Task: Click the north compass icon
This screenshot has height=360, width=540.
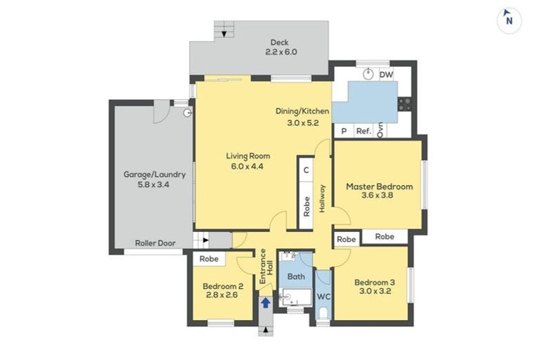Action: pos(509,20)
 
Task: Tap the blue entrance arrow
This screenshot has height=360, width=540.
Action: pos(266,303)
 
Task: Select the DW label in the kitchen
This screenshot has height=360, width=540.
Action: pos(386,75)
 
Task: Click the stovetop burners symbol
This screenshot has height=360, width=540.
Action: pos(405,104)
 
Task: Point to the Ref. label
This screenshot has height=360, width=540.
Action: pos(364,131)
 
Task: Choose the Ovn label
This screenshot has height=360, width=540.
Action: pos(380,130)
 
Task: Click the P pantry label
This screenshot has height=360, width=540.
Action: pos(344,131)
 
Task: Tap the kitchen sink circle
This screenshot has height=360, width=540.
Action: pos(368,74)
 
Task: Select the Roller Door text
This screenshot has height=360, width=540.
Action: pos(155,243)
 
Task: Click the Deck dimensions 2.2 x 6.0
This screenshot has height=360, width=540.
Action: pos(281,52)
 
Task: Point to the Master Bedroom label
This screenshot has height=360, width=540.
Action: pos(379,187)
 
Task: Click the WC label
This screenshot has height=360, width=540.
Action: pos(323,297)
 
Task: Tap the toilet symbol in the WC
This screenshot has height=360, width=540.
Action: pos(323,314)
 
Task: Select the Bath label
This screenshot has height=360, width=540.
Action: pos(296,276)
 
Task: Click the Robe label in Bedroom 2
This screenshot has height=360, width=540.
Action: pos(209,259)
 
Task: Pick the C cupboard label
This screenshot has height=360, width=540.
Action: pos(306,170)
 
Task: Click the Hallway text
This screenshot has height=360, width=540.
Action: pos(322,198)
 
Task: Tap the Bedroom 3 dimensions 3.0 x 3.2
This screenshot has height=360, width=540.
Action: pos(375,291)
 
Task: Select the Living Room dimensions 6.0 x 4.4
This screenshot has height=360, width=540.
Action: pos(247,167)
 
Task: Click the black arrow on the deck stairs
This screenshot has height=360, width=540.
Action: pos(224,34)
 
